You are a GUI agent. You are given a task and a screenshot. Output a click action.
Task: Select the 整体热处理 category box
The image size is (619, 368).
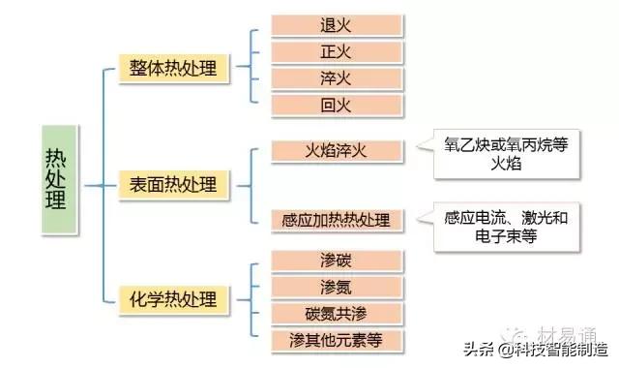174,68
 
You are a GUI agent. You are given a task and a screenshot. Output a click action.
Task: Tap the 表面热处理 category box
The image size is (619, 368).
174,182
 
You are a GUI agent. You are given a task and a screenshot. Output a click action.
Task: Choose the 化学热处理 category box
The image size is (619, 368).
174,296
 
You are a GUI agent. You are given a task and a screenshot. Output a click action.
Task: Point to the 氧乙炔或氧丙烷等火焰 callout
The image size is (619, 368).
500,154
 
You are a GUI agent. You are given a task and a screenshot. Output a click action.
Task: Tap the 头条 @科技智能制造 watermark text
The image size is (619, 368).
537,348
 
